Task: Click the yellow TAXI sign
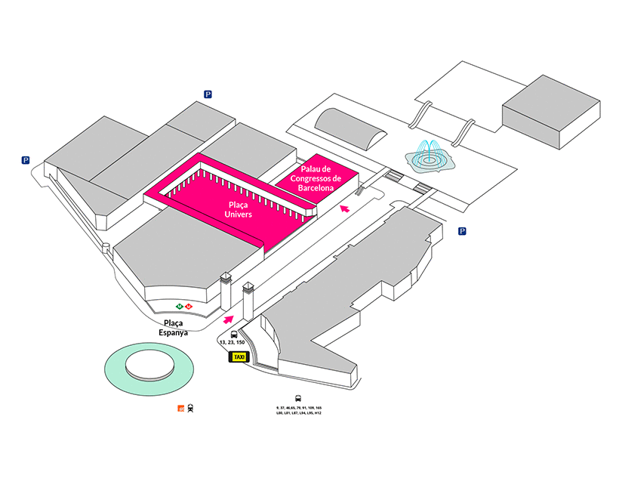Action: pos(239,357)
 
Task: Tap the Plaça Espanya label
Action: pos(171,326)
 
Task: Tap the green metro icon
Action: pos(180,307)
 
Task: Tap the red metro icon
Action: pos(189,307)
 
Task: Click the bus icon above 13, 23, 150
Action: pos(234,334)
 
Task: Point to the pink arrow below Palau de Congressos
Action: pos(345,208)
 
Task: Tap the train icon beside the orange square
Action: pos(191,408)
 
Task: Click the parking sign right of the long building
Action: pos(463,231)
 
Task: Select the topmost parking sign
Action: pos(208,94)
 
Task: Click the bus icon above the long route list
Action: pos(298,398)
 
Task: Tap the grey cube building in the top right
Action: pos(551,111)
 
